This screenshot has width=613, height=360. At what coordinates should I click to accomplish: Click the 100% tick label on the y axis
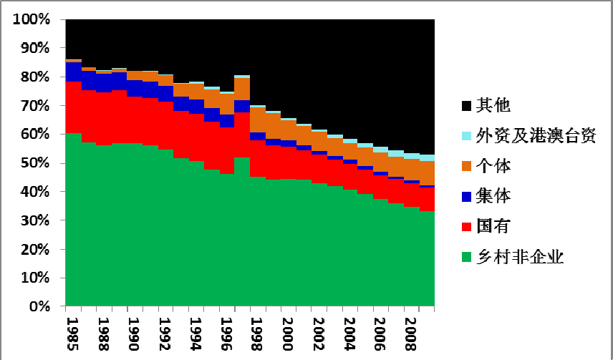click(32, 19)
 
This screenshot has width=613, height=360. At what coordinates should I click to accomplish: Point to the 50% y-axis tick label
click(35, 163)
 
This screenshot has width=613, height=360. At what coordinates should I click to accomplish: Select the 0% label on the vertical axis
click(39, 307)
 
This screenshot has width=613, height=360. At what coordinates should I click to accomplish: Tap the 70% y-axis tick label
click(35, 106)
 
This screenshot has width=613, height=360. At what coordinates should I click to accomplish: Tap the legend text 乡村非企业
click(520, 256)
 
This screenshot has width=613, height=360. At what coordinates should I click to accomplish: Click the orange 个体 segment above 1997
click(242, 89)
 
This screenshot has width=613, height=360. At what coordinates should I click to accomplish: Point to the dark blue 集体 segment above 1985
click(73, 72)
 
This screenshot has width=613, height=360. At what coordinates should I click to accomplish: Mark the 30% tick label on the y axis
click(35, 221)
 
